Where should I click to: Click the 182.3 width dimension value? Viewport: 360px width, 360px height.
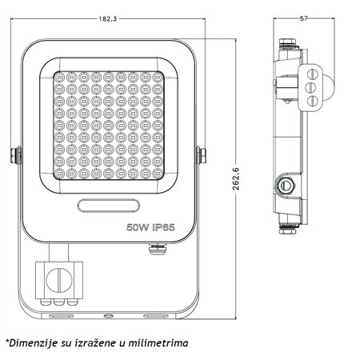[108, 18]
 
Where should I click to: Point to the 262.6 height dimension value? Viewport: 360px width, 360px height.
[236, 179]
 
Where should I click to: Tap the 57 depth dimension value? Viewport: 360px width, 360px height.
[304, 18]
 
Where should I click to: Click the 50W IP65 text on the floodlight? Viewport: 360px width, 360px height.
[150, 227]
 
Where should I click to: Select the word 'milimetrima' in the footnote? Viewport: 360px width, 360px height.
[158, 342]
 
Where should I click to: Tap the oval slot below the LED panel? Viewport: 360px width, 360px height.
[109, 206]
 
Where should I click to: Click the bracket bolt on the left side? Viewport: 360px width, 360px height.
[16, 155]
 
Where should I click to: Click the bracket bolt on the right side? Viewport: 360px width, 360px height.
[202, 155]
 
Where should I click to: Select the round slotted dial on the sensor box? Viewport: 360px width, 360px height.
[58, 280]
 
